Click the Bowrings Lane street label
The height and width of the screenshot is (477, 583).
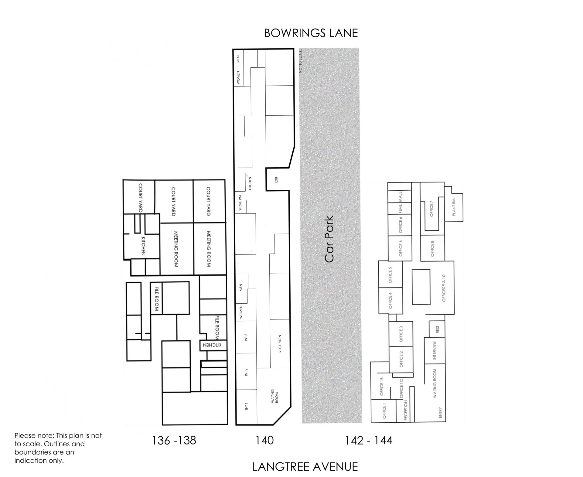(x=311, y=33)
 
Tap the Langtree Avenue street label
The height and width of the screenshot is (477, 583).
(x=305, y=467)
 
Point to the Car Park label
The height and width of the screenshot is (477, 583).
(x=329, y=239)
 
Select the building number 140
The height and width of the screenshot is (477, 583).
(x=264, y=440)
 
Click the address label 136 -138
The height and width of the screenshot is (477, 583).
(x=174, y=440)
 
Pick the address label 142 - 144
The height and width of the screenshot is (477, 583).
(x=369, y=440)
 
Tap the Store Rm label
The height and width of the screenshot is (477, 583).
(x=240, y=203)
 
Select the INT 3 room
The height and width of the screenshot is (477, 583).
(x=246, y=337)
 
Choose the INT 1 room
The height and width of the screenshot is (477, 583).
(x=247, y=407)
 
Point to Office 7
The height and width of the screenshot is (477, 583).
(x=431, y=209)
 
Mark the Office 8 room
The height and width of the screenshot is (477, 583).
(x=432, y=248)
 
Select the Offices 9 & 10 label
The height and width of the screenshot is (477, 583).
(x=444, y=288)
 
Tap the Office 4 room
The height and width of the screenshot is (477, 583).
(x=390, y=301)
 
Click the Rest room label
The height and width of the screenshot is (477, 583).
(x=437, y=329)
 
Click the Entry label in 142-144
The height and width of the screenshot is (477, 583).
(x=440, y=412)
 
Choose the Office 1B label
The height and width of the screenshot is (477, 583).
(x=382, y=386)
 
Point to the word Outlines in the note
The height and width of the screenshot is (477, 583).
(x=72, y=444)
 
